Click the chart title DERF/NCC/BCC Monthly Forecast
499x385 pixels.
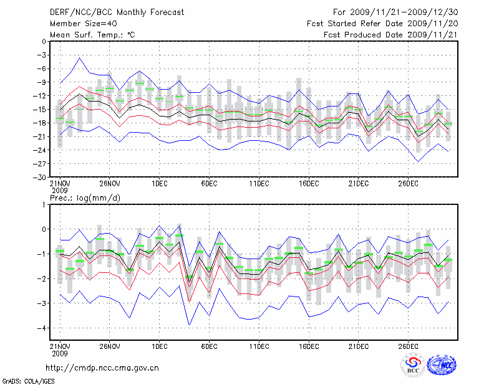point(110,12)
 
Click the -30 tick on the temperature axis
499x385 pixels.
point(40,177)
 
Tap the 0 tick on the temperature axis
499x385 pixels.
point(43,42)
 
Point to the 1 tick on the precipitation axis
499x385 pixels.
point(43,204)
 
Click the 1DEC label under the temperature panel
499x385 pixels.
point(159,183)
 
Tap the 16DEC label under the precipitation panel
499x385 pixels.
point(309,345)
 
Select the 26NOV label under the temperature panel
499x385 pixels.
point(109,183)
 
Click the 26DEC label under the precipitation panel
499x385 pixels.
point(409,345)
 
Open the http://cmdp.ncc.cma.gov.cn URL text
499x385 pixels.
point(102,368)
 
